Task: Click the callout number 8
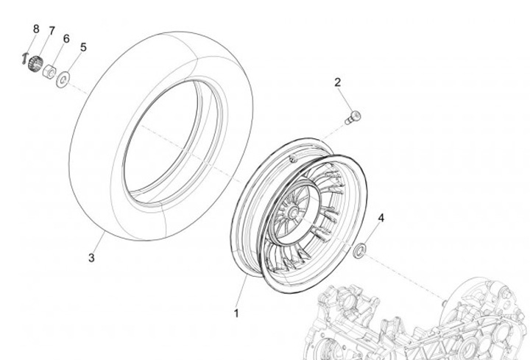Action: [x=35, y=29]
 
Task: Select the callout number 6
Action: [x=66, y=38]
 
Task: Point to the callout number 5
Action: [x=83, y=46]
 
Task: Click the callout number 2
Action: [x=338, y=82]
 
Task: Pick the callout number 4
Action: [x=381, y=218]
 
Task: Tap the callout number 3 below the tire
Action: [x=91, y=258]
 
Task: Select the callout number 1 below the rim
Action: [x=236, y=313]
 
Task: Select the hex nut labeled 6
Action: [x=50, y=71]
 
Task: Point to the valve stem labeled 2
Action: [x=354, y=116]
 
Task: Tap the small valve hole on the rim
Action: [x=293, y=158]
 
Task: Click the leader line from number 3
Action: [x=98, y=243]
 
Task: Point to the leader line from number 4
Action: [x=372, y=235]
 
